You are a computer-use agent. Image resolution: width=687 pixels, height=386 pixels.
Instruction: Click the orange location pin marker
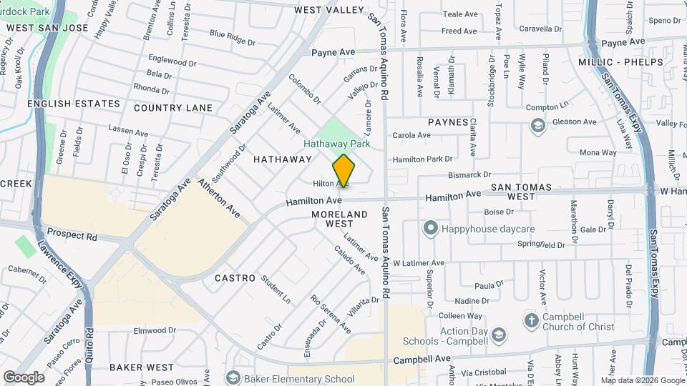343,170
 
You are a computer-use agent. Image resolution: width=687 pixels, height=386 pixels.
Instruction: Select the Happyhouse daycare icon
430,229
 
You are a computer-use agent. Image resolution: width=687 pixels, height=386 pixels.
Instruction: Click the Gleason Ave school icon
537,126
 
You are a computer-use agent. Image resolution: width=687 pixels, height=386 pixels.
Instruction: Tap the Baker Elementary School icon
232,377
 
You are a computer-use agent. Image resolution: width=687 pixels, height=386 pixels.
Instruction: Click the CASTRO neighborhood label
235,277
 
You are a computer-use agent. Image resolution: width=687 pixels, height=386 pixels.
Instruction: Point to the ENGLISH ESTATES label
74,104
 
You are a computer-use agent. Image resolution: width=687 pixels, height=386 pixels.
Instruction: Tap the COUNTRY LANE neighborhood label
173,108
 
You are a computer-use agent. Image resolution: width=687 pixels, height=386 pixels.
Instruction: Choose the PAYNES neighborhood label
448,122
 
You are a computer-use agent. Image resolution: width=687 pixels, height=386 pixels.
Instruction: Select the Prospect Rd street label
72,234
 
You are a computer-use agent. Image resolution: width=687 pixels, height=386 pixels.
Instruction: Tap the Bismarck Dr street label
469,174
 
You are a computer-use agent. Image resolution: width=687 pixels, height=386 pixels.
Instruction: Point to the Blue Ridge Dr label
233,37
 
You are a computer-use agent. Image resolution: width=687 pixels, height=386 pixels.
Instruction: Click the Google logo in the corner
24,377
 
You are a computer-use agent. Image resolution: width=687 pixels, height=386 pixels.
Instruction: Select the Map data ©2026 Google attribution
642,380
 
